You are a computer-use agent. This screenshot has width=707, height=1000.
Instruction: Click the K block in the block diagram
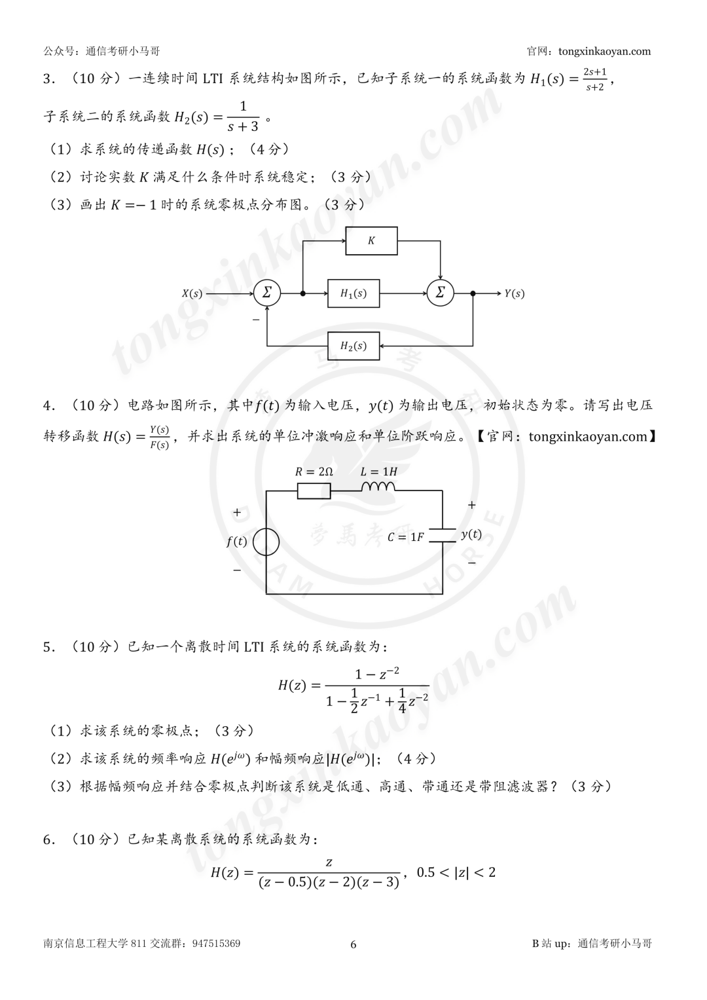click(x=371, y=241)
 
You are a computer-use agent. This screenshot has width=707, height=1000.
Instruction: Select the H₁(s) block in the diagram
click(x=353, y=293)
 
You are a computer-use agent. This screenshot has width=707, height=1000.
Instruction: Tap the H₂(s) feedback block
click(x=353, y=346)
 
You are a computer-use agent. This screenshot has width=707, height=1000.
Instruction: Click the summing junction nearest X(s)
click(x=267, y=293)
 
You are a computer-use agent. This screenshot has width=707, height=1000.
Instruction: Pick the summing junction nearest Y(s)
click(x=440, y=293)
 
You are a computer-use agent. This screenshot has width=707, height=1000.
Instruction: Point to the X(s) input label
click(x=192, y=294)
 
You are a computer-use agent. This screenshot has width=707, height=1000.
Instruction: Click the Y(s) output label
click(x=514, y=294)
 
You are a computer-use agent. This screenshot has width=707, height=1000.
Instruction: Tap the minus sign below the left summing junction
click(x=256, y=320)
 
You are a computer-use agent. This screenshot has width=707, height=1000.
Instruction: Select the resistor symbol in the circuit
click(x=314, y=491)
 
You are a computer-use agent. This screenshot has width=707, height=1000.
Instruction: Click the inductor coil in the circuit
click(x=378, y=486)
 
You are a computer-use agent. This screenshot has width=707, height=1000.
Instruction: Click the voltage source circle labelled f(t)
click(x=266, y=542)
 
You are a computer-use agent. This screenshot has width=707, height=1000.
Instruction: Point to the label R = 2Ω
click(x=314, y=472)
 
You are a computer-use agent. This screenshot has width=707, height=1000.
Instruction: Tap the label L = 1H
click(x=379, y=472)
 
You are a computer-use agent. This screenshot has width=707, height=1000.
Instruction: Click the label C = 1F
click(x=405, y=537)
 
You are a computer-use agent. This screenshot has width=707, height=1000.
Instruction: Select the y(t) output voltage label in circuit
click(x=471, y=534)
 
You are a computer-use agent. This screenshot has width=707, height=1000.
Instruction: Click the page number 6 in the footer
click(x=353, y=944)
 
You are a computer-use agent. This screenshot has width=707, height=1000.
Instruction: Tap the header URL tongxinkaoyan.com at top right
click(x=604, y=51)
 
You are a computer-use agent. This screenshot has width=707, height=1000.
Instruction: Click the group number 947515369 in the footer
click(x=216, y=943)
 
